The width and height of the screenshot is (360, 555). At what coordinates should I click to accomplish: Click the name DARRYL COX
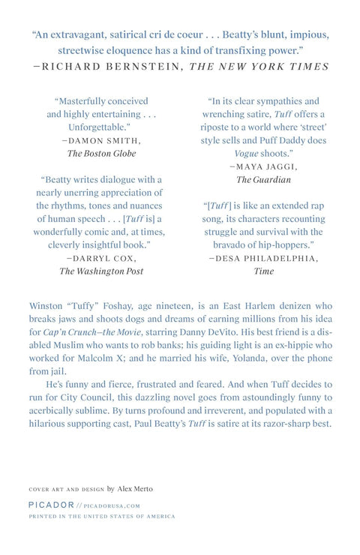(100, 257)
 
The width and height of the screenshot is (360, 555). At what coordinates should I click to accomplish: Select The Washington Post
(100, 271)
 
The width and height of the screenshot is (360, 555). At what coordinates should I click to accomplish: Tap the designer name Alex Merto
(135, 488)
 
